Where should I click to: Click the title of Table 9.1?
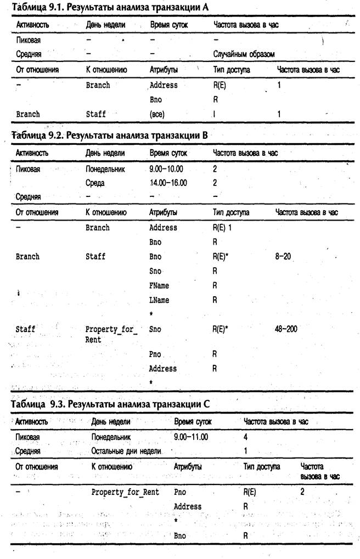[110, 7]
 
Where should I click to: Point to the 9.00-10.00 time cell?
[168, 169]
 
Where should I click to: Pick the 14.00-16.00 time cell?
[168, 183]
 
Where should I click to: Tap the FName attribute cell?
[159, 285]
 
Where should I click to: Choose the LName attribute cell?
[159, 300]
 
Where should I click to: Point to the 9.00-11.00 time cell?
[192, 437]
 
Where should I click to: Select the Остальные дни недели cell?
[126, 451]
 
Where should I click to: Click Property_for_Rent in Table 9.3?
[125, 492]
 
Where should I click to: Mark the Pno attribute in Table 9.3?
[179, 492]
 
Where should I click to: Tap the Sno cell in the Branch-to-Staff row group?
[155, 270]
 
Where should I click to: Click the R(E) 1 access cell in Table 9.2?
[222, 227]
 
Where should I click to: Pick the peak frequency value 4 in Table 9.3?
[245, 437]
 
